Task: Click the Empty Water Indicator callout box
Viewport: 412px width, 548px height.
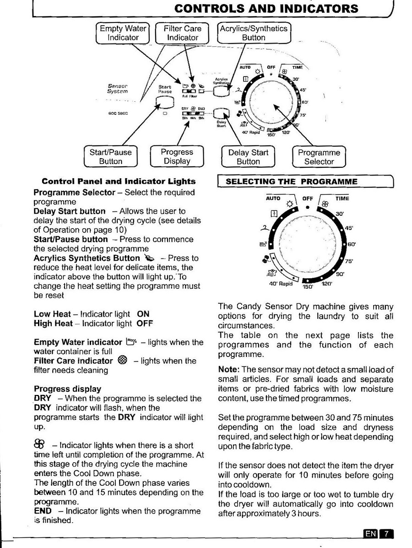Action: (x=123, y=33)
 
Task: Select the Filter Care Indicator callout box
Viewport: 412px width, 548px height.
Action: (x=182, y=33)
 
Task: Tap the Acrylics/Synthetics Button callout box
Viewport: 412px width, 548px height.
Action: (x=254, y=33)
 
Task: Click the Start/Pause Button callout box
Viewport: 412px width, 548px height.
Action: (x=111, y=157)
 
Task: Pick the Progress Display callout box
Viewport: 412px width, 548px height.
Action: (x=177, y=157)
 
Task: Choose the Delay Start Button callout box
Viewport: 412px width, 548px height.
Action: (x=248, y=157)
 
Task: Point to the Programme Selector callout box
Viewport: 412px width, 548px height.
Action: (x=319, y=157)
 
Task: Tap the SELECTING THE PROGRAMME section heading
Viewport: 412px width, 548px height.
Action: (x=292, y=181)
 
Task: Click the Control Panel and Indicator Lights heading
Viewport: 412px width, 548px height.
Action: (x=119, y=181)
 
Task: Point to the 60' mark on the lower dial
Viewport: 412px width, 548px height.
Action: (x=352, y=244)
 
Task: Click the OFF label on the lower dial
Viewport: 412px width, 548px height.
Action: (x=307, y=198)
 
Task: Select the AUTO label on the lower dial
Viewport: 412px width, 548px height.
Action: (x=274, y=198)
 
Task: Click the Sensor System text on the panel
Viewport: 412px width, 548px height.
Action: (x=117, y=88)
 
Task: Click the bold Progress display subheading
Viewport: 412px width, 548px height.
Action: (x=68, y=389)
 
